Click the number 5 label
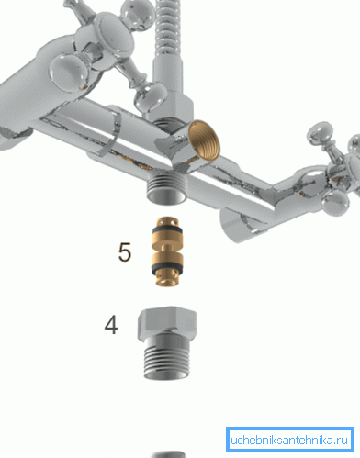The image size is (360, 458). pos(125,252)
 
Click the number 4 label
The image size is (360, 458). pos(111,325)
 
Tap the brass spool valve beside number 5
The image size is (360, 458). pos(167,251)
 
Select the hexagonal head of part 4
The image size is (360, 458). pos(167,321)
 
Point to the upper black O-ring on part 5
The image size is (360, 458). pos(167,230)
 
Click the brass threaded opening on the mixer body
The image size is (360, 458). pos(204,140)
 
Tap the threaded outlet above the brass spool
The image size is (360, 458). pos(167,187)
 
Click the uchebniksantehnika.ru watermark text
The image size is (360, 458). pos(289,441)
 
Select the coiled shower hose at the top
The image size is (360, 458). pos(168,27)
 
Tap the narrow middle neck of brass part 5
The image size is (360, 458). pos(167,248)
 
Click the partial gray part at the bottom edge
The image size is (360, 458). pos(168,454)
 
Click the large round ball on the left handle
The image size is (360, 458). pos(68,73)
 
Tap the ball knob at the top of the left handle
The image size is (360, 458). pos(138,15)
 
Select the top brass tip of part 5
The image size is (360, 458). pos(167,221)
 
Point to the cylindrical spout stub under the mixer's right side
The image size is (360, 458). pos(242,224)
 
